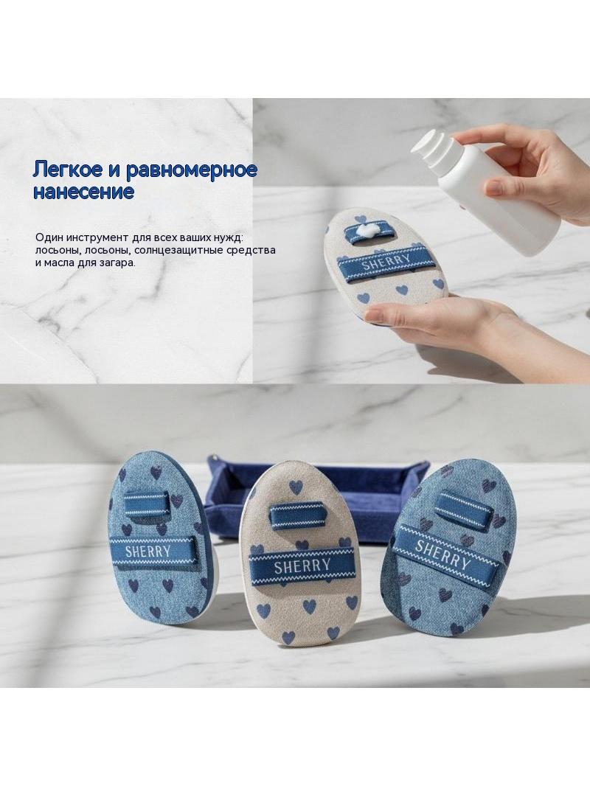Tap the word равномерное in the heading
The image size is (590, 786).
click(x=191, y=170)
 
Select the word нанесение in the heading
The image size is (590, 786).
click(x=84, y=192)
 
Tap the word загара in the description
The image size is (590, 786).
click(x=119, y=262)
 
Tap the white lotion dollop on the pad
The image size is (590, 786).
click(x=369, y=231)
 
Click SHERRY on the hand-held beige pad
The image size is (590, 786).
click(x=386, y=262)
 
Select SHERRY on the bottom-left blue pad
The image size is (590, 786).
click(x=147, y=552)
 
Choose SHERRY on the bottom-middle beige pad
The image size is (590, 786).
click(x=302, y=567)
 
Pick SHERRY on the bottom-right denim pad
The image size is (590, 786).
click(x=442, y=554)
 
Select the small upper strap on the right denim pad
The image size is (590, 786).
click(x=463, y=510)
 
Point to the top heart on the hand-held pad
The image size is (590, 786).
click(x=359, y=219)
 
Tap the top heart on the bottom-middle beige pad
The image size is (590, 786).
click(x=296, y=486)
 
